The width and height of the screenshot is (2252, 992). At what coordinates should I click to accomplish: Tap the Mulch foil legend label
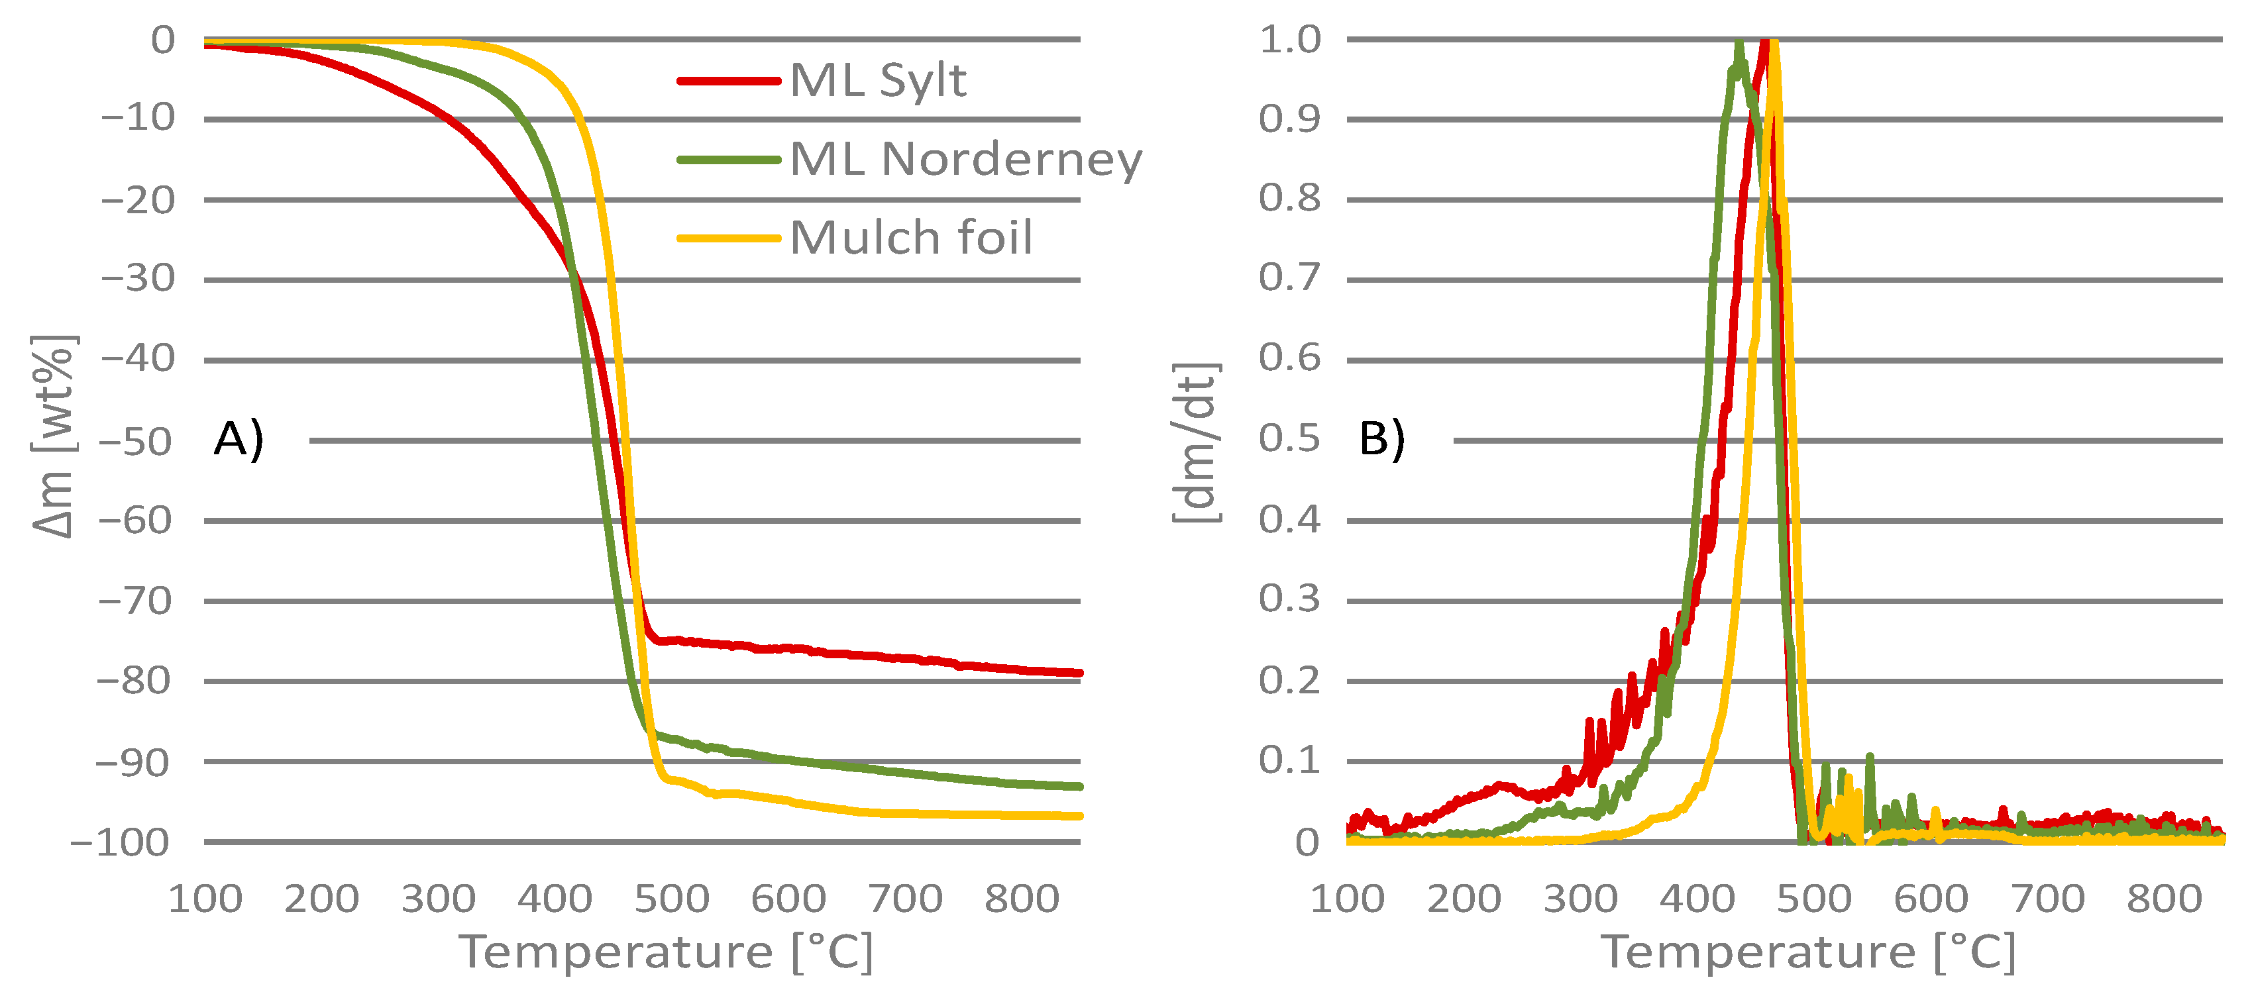tap(911, 237)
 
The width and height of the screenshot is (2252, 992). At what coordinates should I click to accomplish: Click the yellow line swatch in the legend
tap(728, 238)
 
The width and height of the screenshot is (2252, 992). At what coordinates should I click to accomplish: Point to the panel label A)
tap(238, 439)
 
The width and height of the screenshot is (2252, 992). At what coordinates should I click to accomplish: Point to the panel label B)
tap(1381, 439)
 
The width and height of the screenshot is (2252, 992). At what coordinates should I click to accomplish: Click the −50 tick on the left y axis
tap(136, 442)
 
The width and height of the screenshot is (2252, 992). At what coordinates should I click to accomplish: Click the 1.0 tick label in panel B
tap(1289, 39)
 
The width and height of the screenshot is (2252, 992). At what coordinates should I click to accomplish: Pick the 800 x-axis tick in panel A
tap(1022, 899)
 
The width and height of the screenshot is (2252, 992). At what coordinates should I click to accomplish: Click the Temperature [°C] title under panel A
tap(666, 952)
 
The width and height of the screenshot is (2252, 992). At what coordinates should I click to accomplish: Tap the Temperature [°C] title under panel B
tap(1808, 952)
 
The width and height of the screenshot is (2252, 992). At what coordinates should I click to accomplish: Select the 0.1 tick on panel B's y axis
tap(1289, 760)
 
